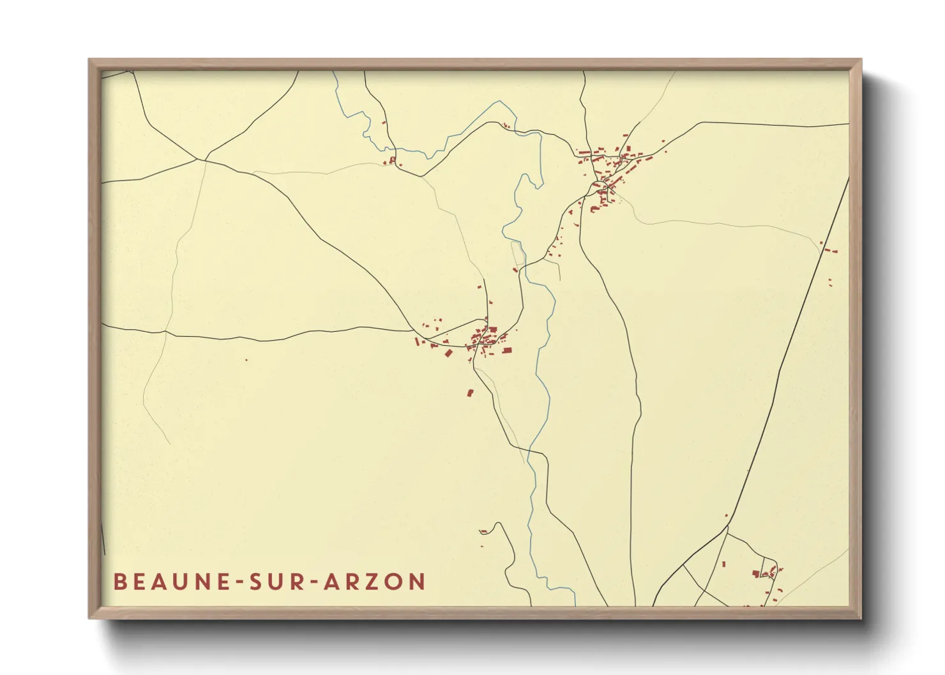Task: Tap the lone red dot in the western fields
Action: (246, 360)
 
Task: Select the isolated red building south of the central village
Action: (471, 392)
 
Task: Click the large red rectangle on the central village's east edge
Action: (507, 350)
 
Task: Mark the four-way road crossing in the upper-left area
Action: (206, 159)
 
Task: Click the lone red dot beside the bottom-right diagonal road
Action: (726, 516)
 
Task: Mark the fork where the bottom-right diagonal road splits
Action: (728, 526)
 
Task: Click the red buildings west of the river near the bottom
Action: (484, 531)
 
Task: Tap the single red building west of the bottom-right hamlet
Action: (724, 563)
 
